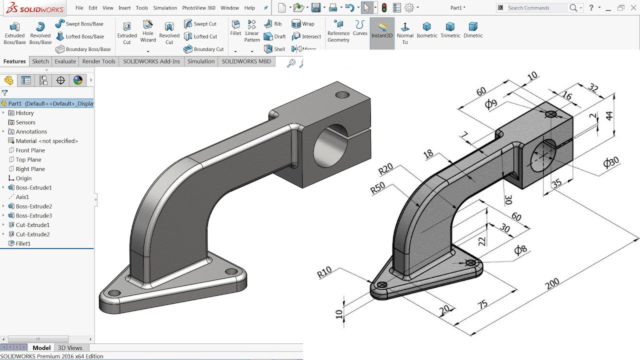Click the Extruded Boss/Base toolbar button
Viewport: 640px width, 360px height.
click(x=14, y=33)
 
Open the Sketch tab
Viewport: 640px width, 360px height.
click(x=40, y=61)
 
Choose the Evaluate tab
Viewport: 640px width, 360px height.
click(x=65, y=61)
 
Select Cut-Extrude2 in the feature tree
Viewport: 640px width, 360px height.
click(x=32, y=234)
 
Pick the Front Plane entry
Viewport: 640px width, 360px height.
click(x=30, y=150)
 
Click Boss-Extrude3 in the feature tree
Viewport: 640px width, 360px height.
click(x=33, y=215)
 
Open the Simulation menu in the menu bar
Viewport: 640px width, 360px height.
click(x=165, y=8)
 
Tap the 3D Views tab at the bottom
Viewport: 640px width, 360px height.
click(x=70, y=347)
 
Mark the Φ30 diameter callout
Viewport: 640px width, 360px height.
click(x=611, y=163)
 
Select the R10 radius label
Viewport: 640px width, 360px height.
click(x=324, y=273)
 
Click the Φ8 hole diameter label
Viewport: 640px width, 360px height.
click(x=520, y=250)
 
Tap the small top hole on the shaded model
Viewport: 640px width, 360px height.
click(x=342, y=94)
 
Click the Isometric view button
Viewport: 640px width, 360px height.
click(x=426, y=30)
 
